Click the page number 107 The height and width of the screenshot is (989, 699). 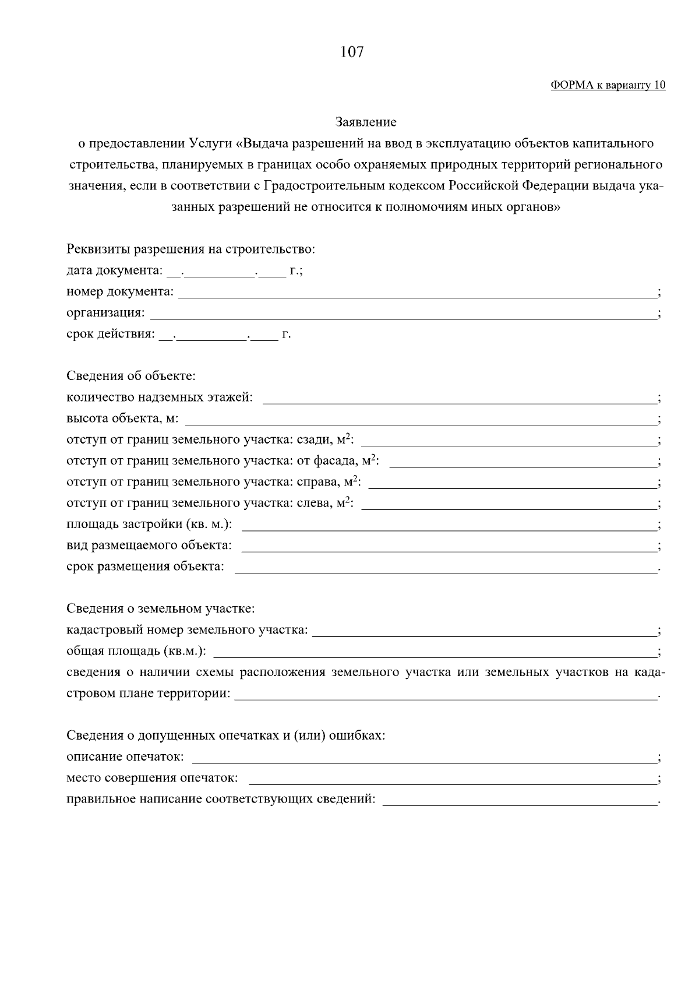point(351,52)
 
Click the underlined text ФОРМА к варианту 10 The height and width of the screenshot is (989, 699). point(608,86)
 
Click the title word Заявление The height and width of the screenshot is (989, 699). point(366,122)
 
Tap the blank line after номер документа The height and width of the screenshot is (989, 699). point(416,294)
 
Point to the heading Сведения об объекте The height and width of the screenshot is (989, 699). point(131,376)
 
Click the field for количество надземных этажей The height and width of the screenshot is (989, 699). point(460,400)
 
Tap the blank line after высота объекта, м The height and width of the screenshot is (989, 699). point(421,421)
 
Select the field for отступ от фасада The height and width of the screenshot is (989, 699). point(523,463)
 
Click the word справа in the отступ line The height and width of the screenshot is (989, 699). point(318,483)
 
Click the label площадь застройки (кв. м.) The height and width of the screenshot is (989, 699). point(149,525)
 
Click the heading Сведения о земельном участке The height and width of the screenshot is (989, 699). point(161,609)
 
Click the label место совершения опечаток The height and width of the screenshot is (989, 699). point(152,778)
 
